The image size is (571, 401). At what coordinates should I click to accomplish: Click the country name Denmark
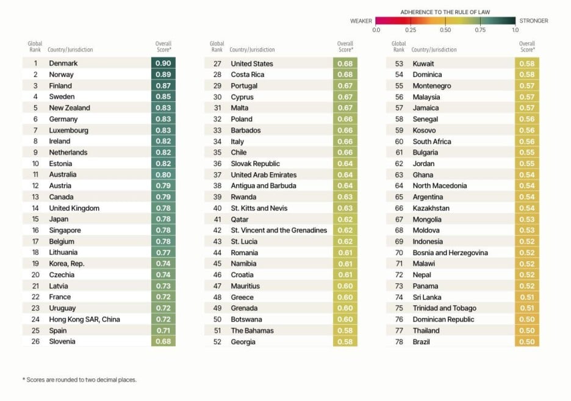[x=63, y=63]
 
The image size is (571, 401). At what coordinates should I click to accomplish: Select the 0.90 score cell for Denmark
[x=163, y=63]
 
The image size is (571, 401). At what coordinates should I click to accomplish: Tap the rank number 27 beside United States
[x=217, y=63]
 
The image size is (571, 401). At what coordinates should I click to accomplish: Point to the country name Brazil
[x=422, y=342]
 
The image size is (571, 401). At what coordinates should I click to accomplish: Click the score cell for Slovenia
[x=163, y=342]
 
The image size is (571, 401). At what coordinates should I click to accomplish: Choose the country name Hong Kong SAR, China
[x=84, y=319]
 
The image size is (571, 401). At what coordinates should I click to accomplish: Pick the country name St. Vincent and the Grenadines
[x=279, y=230]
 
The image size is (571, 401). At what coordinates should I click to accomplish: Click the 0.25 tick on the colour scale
[x=411, y=29]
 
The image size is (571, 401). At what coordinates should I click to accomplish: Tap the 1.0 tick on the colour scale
[x=515, y=29]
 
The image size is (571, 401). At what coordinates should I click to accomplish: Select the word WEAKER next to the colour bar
[x=361, y=21]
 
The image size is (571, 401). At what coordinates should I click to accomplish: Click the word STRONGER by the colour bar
[x=534, y=21]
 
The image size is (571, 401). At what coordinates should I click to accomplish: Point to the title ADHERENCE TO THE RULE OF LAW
[x=445, y=12]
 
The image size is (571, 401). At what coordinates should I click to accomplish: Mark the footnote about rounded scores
[x=79, y=380]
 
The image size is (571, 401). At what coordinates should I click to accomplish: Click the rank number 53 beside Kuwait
[x=399, y=63]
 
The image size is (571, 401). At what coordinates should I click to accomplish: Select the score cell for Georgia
[x=345, y=342]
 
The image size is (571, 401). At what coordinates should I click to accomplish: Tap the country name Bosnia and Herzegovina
[x=450, y=253]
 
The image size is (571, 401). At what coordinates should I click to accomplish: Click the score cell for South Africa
[x=527, y=142]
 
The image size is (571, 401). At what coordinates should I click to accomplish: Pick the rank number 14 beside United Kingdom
[x=35, y=208]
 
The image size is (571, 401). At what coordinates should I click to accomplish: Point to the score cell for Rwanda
[x=345, y=197]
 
